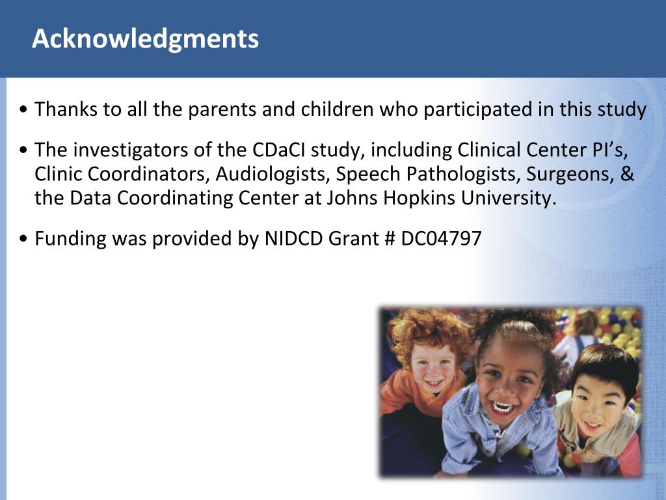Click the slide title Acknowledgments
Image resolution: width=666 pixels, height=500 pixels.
coord(145,40)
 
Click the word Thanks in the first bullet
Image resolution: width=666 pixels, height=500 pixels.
coord(66,109)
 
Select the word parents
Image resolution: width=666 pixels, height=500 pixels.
coord(222,110)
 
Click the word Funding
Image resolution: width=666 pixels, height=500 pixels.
coord(70,239)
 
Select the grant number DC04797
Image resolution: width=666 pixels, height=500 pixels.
coord(441,238)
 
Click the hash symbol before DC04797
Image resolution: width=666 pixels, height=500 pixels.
coord(390,239)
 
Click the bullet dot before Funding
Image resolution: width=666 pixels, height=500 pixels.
coord(23,239)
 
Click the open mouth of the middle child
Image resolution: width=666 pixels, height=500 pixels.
coord(503,408)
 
